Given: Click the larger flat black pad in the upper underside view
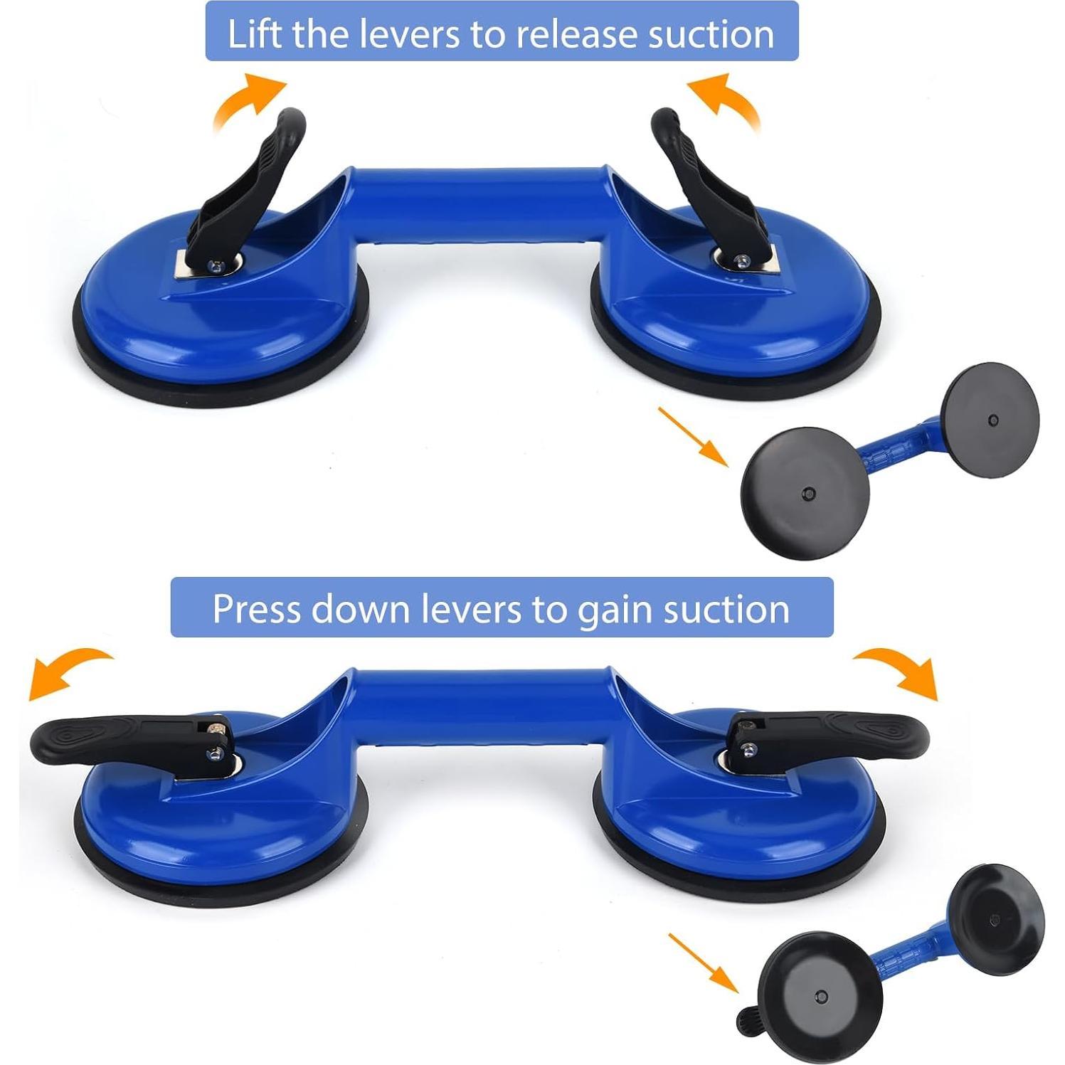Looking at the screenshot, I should click(805, 492).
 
